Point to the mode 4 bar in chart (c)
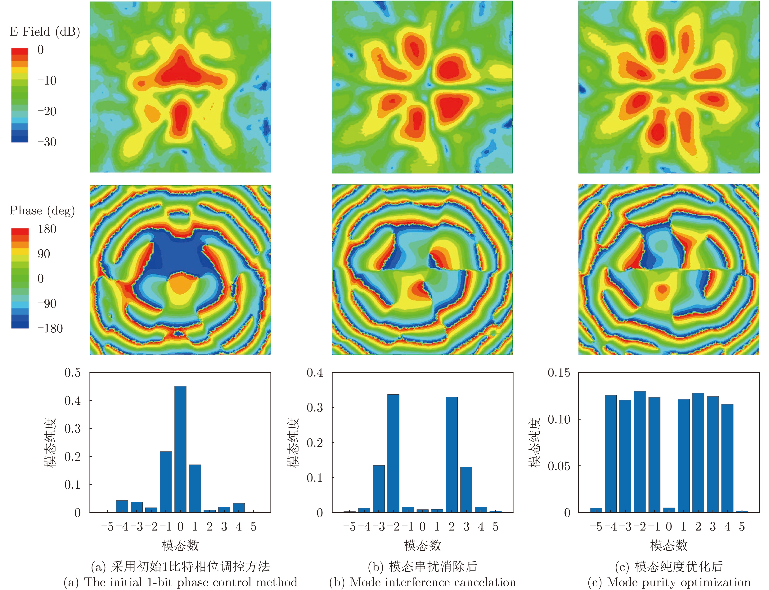pyautogui.click(x=727, y=458)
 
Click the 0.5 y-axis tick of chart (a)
pyautogui.click(x=72, y=373)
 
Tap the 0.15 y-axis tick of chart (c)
pyautogui.click(x=559, y=373)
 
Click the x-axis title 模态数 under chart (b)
pyautogui.click(x=422, y=545)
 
